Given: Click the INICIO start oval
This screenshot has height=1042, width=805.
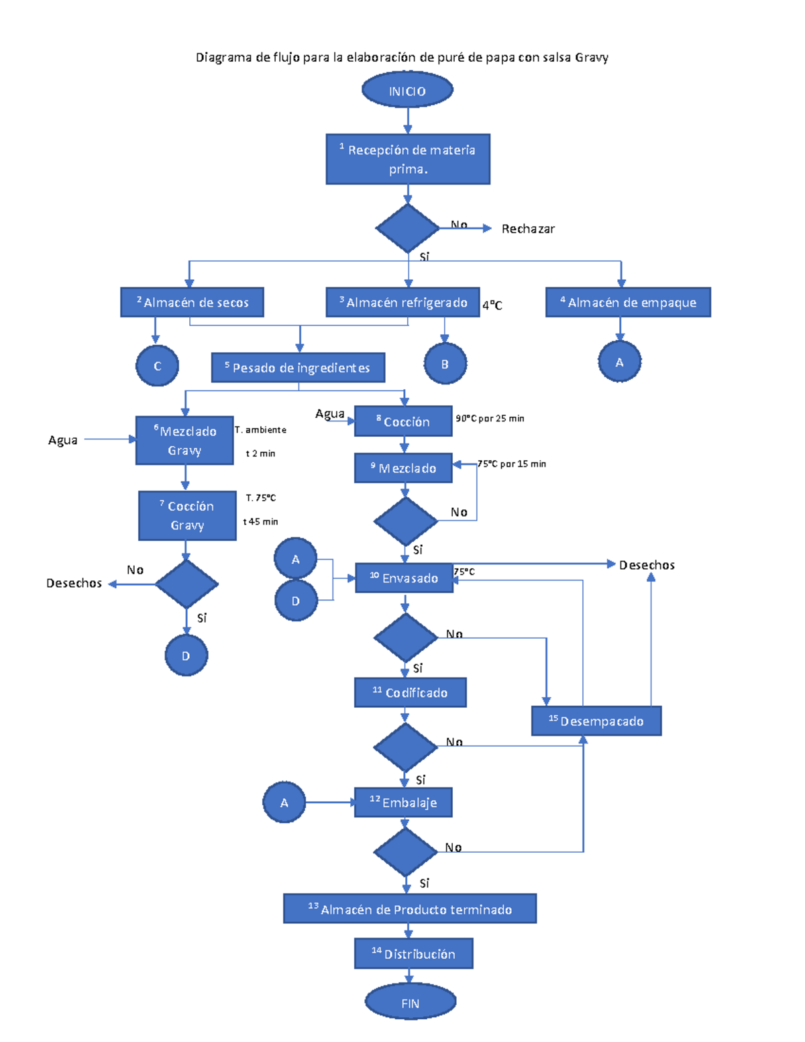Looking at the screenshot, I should click(407, 91).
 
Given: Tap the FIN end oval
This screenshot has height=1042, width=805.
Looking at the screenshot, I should click(410, 1002).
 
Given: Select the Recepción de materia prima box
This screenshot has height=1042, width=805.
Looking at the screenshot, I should click(408, 159).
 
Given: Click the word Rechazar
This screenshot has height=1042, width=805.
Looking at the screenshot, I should click(528, 229).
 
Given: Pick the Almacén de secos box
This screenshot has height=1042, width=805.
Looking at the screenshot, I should click(192, 302).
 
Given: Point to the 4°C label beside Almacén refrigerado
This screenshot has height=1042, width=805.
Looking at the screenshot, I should click(492, 305).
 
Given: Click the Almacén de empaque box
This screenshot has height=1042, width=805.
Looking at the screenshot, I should click(628, 302).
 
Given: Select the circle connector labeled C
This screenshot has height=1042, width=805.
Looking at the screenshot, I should click(157, 366).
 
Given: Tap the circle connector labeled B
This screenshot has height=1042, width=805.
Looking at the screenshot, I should click(445, 364).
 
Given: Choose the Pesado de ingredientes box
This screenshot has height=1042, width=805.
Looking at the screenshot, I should click(298, 368).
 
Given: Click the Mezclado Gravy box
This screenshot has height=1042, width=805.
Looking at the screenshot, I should click(184, 440).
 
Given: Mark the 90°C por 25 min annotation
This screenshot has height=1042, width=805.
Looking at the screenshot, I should click(490, 418).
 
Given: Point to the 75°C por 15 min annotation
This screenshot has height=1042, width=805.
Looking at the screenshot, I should click(512, 464).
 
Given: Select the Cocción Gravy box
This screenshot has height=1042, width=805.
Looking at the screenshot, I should click(187, 515).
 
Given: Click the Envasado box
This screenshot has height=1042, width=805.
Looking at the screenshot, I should click(404, 578).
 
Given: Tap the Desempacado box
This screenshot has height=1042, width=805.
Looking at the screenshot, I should click(596, 721).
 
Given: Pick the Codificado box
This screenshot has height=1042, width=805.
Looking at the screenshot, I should click(410, 692).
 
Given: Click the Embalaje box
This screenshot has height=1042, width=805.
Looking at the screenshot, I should click(403, 802).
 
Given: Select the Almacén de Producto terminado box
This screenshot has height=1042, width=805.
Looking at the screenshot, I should click(410, 908).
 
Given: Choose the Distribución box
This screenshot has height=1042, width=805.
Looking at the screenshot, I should click(413, 953).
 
